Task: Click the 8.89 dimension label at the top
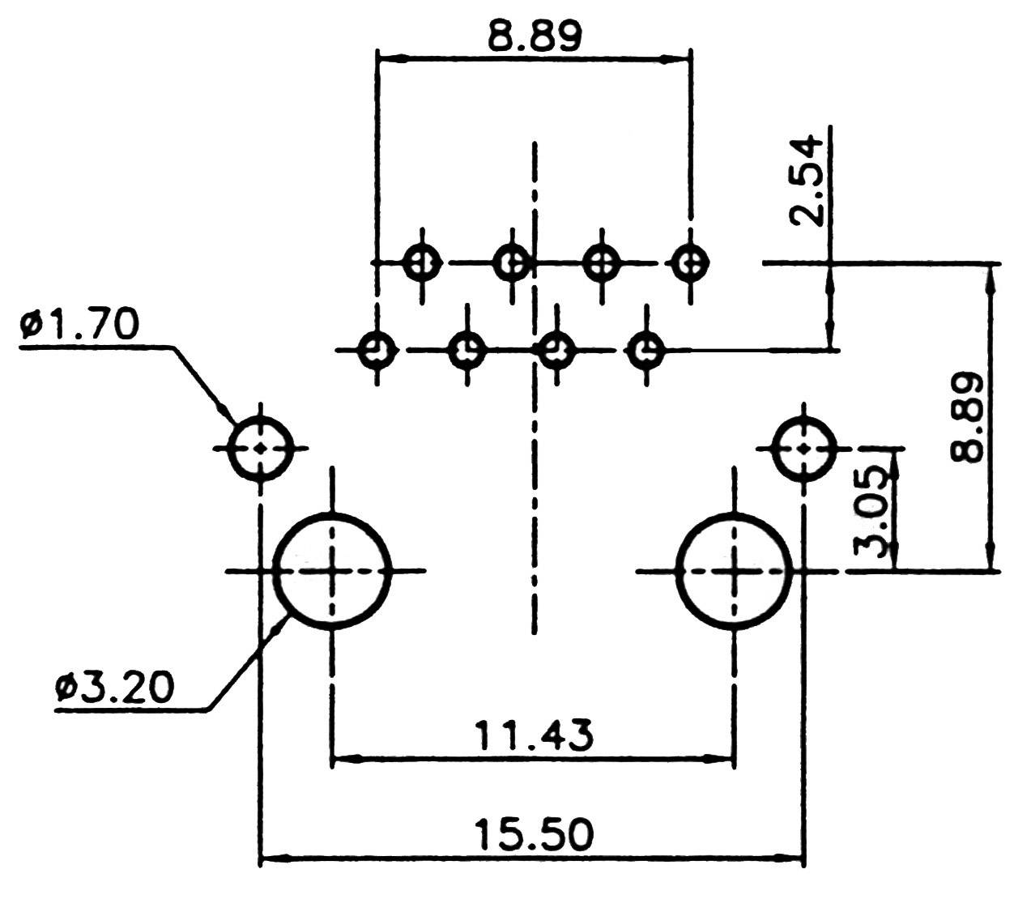click(x=535, y=36)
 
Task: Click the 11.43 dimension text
click(x=534, y=735)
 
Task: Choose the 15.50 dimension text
click(x=534, y=834)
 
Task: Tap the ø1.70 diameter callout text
click(x=80, y=325)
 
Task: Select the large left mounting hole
click(x=331, y=571)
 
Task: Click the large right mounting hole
click(x=734, y=571)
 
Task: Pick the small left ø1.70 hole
click(x=261, y=448)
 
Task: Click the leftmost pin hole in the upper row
click(x=422, y=262)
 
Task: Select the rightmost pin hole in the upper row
click(x=690, y=262)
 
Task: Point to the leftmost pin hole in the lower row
click(x=377, y=351)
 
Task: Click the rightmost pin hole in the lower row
click(x=646, y=351)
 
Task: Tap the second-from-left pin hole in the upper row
click(x=512, y=262)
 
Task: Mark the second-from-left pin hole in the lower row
click(x=467, y=351)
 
